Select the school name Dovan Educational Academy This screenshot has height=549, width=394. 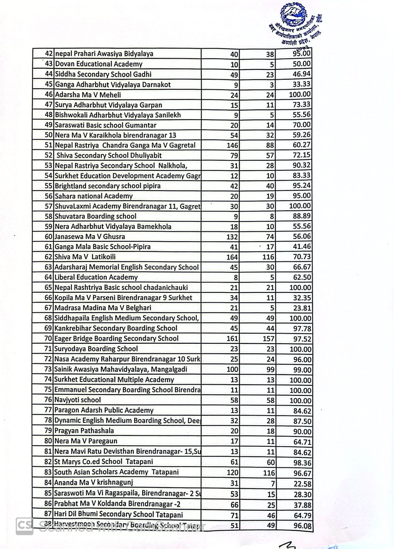pos(99,64)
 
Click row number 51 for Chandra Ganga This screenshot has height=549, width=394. pos(48,145)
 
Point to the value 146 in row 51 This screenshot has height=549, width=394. pos(232,145)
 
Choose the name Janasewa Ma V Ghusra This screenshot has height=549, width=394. pos(90,237)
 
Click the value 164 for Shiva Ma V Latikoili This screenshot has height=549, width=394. pos(232,257)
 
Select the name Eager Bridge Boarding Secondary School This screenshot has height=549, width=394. pos(116,339)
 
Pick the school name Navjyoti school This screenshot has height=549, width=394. pos(78,400)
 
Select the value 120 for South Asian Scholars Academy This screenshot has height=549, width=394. pos(233,472)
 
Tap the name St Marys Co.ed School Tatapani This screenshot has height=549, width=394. pos(104,462)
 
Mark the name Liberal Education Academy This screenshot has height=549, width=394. pos(96,277)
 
